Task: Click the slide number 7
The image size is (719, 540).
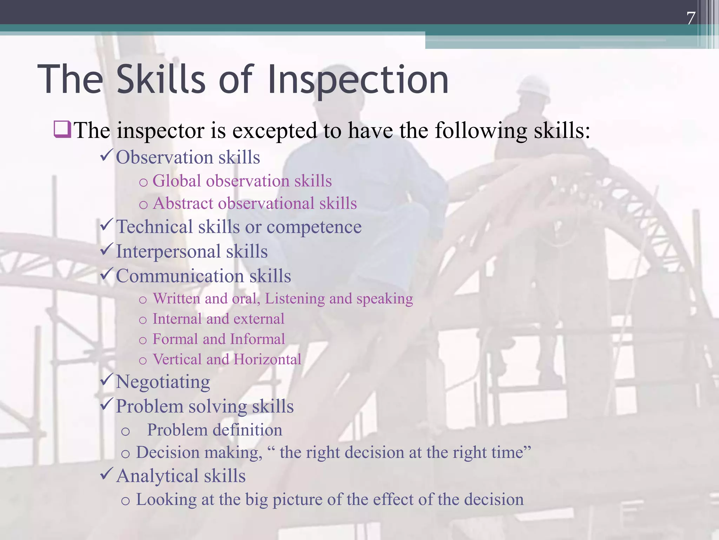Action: click(691, 18)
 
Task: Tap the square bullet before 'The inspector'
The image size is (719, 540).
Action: click(62, 129)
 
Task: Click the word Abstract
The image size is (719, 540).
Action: click(183, 204)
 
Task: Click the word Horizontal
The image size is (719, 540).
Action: click(267, 360)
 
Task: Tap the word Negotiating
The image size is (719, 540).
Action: click(163, 382)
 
